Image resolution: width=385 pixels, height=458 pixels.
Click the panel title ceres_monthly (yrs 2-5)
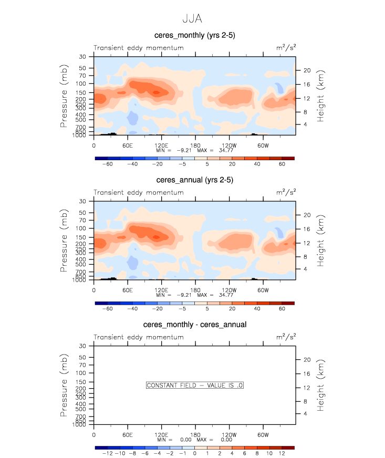point(194,35)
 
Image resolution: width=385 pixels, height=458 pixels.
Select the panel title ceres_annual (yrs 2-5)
point(194,180)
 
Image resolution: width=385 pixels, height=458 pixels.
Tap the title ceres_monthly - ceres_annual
point(194,325)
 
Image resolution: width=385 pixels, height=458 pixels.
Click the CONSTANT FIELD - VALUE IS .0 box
point(194,386)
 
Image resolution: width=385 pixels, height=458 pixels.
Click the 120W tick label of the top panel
point(229,145)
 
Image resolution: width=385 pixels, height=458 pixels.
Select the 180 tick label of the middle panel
point(195,290)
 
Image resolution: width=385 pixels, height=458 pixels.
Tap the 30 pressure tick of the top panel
point(82,56)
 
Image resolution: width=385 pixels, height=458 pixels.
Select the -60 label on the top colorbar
point(107,164)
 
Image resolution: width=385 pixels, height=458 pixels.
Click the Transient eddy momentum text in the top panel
point(139,48)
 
